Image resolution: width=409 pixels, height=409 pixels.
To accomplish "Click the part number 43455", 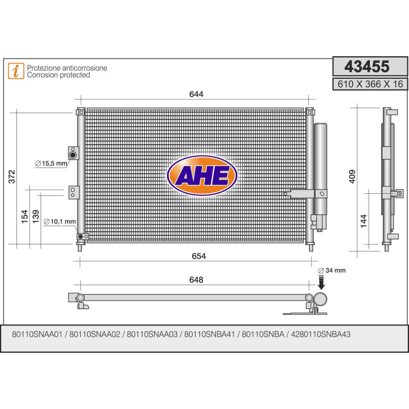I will [x=367, y=67].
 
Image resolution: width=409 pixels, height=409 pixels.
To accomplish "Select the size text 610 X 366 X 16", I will [x=367, y=84].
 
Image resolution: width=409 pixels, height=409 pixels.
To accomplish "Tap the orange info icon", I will [x=16, y=71].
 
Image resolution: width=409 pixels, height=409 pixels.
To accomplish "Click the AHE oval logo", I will [x=202, y=175].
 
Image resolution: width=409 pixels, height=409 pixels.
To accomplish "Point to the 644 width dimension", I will [x=196, y=94].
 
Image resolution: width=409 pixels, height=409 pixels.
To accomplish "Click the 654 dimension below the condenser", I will [x=198, y=256].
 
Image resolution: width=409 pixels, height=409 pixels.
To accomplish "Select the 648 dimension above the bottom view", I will [x=196, y=280].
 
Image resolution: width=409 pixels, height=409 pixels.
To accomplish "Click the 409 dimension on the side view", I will [x=351, y=177].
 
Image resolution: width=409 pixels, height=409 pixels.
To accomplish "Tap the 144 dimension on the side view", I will [x=363, y=221].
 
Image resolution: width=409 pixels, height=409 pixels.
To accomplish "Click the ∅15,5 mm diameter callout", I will [x=51, y=164].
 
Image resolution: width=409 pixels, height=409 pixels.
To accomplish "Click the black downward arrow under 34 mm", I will [x=322, y=281].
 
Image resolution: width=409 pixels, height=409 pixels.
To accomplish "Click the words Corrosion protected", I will [x=58, y=75].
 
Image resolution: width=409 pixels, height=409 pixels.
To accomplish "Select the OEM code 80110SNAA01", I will [x=36, y=334].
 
